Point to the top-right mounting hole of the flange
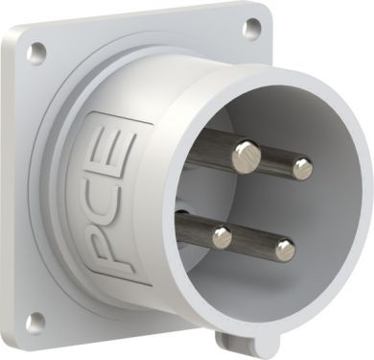[252, 27]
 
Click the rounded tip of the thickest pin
[246, 157]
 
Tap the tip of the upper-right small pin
[302, 168]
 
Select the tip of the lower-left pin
[222, 237]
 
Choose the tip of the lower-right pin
[285, 250]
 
